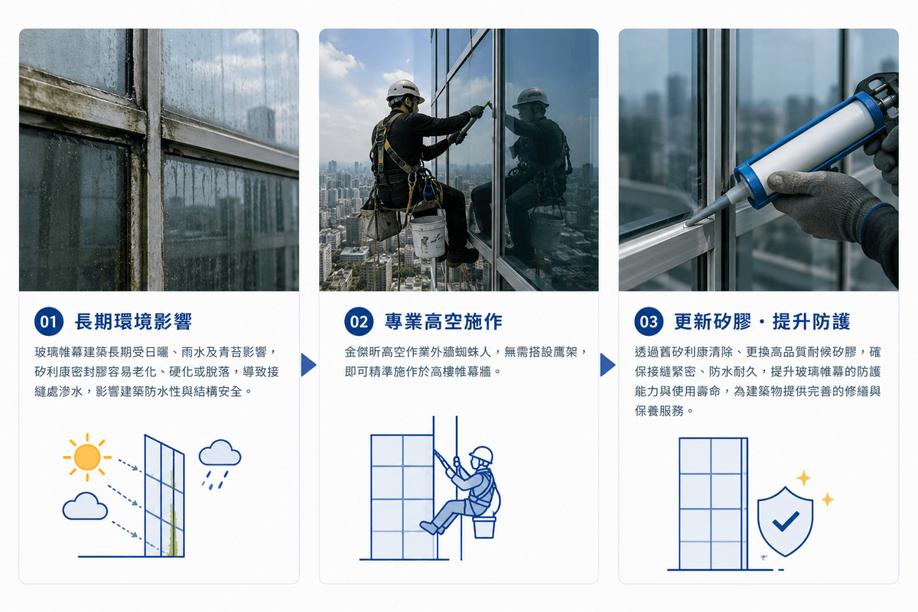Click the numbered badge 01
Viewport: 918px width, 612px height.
pyautogui.click(x=49, y=321)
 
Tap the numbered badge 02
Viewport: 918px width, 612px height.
pyautogui.click(x=359, y=321)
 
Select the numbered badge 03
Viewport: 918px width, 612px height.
pyautogui.click(x=649, y=321)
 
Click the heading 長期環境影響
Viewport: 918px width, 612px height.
pyautogui.click(x=133, y=321)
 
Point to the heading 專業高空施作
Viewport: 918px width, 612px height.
pyautogui.click(x=444, y=321)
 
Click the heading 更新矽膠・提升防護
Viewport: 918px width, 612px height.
pyautogui.click(x=762, y=321)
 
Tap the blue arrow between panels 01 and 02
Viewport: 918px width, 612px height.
pyautogui.click(x=308, y=364)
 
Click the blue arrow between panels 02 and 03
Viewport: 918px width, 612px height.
pyautogui.click(x=607, y=364)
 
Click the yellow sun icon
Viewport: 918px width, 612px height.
pyautogui.click(x=87, y=457)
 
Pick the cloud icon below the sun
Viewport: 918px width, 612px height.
pyautogui.click(x=85, y=506)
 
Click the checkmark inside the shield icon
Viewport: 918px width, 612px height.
pyautogui.click(x=786, y=521)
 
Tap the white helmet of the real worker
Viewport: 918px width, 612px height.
pyautogui.click(x=404, y=90)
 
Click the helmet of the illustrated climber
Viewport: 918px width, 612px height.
pyautogui.click(x=481, y=455)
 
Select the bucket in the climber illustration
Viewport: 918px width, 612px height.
pyautogui.click(x=484, y=528)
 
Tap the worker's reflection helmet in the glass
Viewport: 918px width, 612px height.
pyautogui.click(x=531, y=99)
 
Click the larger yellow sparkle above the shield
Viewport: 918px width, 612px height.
pyautogui.click(x=803, y=478)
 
